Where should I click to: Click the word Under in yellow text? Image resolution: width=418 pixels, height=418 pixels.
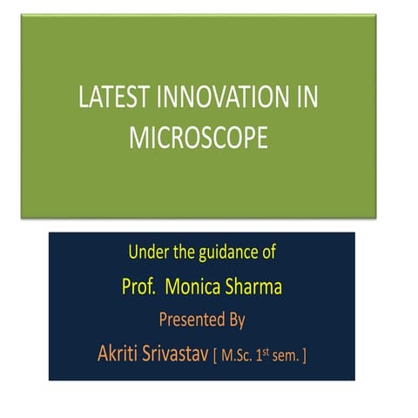click(145, 256)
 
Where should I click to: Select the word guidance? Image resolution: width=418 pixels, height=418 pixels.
click(228, 256)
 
